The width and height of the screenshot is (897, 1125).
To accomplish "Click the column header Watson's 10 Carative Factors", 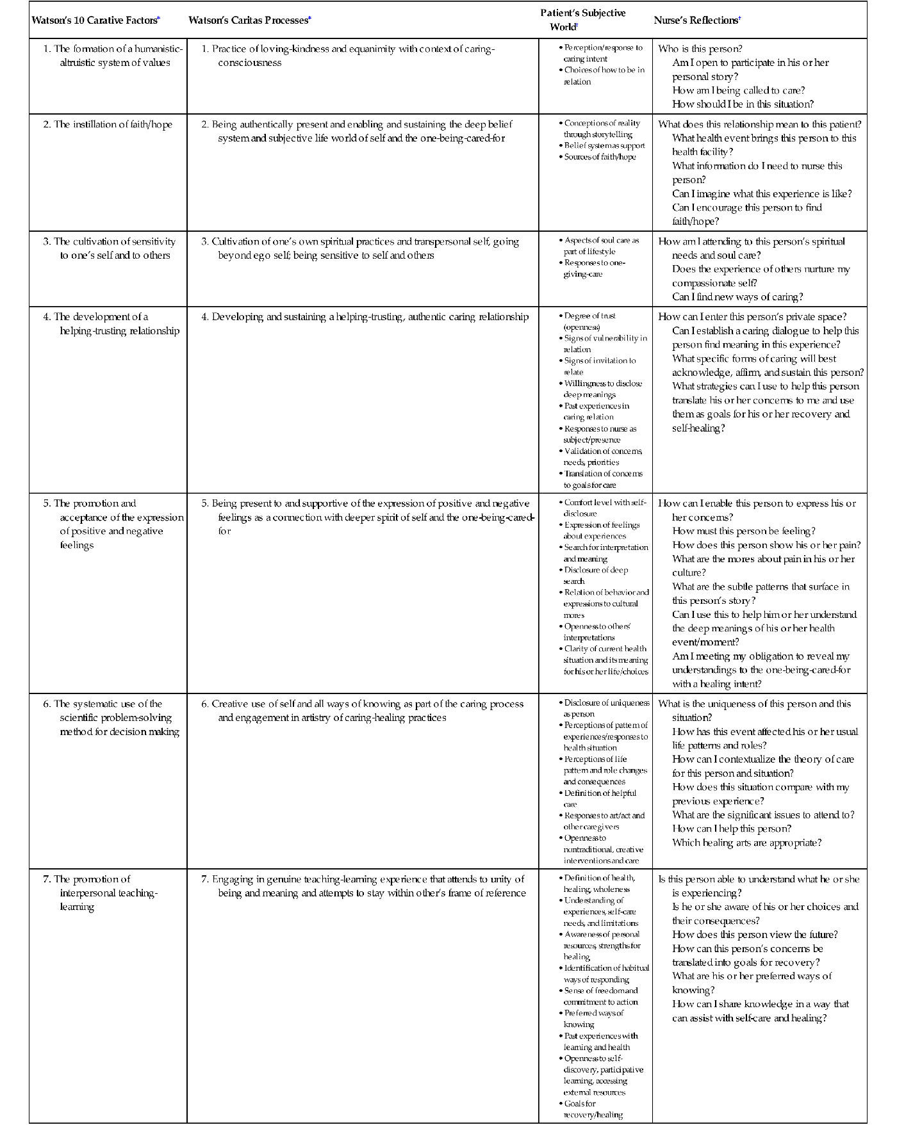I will click(x=94, y=20).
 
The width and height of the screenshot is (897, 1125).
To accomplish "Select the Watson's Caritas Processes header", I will click(x=248, y=20).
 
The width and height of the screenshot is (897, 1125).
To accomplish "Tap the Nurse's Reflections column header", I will click(x=696, y=20).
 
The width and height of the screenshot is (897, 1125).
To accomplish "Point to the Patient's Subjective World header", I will click(x=582, y=20).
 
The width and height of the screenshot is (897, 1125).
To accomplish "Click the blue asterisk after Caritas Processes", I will click(x=310, y=19).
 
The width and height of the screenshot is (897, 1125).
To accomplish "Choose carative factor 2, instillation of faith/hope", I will click(x=108, y=124).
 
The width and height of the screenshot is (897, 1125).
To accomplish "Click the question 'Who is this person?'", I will click(x=700, y=49).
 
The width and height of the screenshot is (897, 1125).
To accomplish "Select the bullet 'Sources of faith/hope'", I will click(x=600, y=157).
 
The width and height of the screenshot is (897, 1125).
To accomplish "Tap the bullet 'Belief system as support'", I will click(x=604, y=146).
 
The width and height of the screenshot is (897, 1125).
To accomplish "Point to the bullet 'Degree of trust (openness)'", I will click(x=589, y=321).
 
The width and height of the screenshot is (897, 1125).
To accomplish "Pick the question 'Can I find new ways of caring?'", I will click(x=737, y=296).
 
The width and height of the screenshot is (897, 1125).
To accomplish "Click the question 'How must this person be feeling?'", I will click(x=743, y=531).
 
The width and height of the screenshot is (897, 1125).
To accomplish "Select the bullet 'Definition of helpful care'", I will click(x=600, y=798).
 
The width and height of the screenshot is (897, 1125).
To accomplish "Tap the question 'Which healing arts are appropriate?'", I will click(x=746, y=843).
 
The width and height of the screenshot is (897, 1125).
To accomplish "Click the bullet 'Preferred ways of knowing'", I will click(x=593, y=1019).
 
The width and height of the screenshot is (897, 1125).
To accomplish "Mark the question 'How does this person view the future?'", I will click(x=755, y=934).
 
